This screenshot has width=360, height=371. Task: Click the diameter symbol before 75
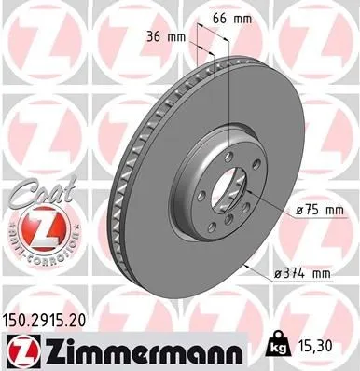[x=297, y=212]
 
